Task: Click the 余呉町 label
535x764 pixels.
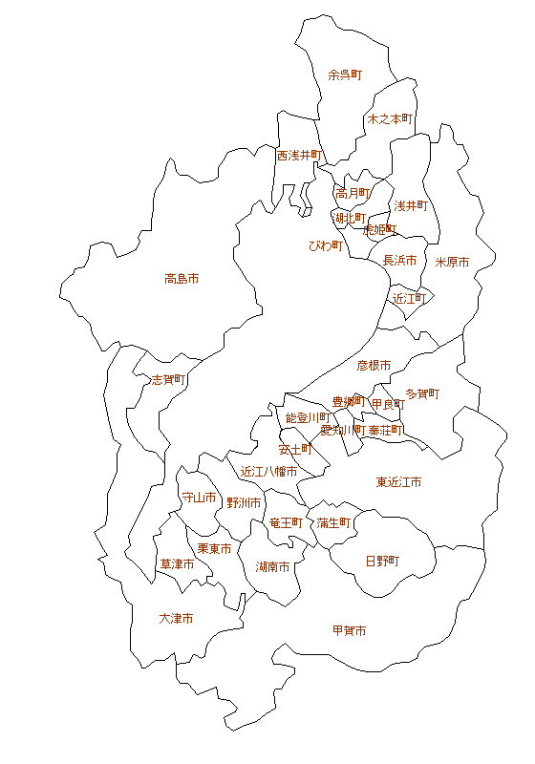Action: [x=345, y=74]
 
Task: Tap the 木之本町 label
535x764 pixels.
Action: [x=390, y=119]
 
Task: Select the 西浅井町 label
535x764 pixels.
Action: [x=300, y=155]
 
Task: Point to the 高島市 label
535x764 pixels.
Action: [x=182, y=279]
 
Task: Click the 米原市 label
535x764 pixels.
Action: [x=452, y=262]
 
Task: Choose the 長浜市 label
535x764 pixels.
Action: [x=399, y=260]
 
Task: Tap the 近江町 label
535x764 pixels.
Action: [x=409, y=298]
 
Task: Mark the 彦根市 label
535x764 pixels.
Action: [x=374, y=365]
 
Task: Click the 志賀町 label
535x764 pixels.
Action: [x=169, y=379]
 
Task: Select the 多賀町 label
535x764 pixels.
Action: [x=422, y=393]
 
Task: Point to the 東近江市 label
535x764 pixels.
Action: [x=398, y=482]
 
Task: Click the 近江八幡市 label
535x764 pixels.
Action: [x=268, y=472]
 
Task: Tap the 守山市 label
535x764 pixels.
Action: [x=199, y=498]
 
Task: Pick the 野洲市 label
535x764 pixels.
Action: [x=244, y=502]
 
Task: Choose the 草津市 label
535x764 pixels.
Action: [x=177, y=564]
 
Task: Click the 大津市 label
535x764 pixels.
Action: [x=176, y=619]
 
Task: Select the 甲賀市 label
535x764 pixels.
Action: [x=349, y=631]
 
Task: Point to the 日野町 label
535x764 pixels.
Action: [x=382, y=561]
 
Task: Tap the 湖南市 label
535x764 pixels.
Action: [x=273, y=566]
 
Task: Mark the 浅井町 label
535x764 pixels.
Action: [x=410, y=205]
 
